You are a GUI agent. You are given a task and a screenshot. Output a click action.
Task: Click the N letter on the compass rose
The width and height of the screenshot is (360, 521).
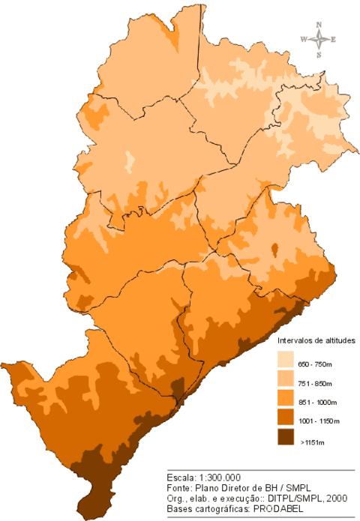pyautogui.click(x=319, y=25)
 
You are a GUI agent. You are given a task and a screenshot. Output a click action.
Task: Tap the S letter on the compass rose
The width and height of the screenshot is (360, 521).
pyautogui.click(x=319, y=55)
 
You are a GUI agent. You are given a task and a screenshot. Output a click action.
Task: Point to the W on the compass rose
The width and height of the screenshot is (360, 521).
pyautogui.click(x=303, y=40)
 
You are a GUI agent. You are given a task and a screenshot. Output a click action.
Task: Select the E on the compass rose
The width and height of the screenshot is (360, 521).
pyautogui.click(x=333, y=40)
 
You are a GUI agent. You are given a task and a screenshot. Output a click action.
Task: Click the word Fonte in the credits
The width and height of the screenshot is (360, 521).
pyautogui.click(x=178, y=487)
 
